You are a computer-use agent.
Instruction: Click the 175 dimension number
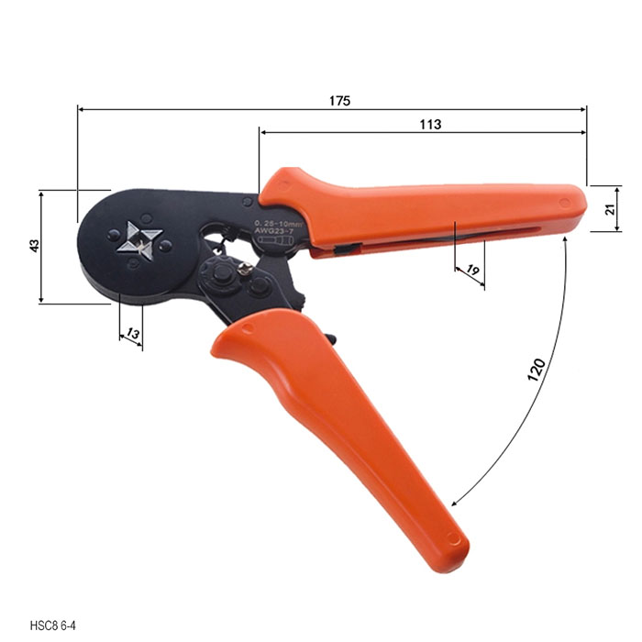coord(340,100)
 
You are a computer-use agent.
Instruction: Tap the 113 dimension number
coord(430,124)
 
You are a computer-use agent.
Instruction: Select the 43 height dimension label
coord(35,246)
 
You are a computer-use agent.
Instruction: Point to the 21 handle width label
coord(611,209)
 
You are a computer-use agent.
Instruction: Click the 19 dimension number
coord(472,271)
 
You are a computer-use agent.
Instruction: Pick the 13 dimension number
coord(132,333)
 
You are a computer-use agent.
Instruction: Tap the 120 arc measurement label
coord(536,370)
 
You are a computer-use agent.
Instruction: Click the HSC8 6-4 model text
coord(53,626)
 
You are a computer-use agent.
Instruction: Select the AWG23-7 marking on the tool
coord(273,231)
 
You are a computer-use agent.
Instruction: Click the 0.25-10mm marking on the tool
coord(279,224)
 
